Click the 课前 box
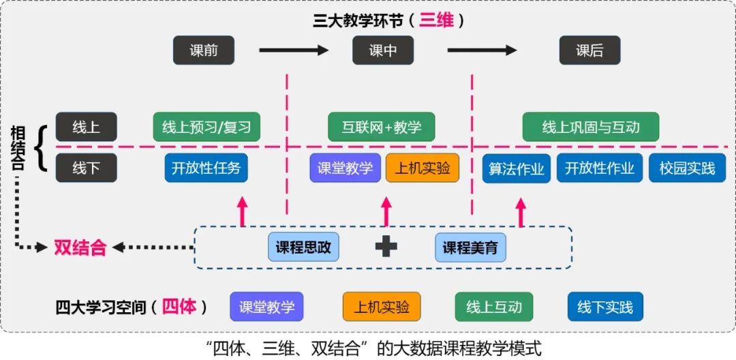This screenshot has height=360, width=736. pyautogui.click(x=203, y=50)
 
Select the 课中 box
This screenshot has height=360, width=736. pyautogui.click(x=383, y=50)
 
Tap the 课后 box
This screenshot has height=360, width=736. pyautogui.click(x=589, y=50)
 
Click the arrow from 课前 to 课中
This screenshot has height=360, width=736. pyautogui.click(x=294, y=50)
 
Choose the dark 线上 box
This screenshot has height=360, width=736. pyautogui.click(x=86, y=127)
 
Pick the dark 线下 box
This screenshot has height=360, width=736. pyautogui.click(x=86, y=168)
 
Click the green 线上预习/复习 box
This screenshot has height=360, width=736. pyautogui.click(x=206, y=127)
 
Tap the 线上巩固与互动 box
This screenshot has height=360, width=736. pyautogui.click(x=591, y=127)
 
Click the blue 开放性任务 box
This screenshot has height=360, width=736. pyautogui.click(x=206, y=168)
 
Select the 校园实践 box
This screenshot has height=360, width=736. pyautogui.click(x=687, y=168)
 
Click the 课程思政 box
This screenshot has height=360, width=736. pyautogui.click(x=303, y=247)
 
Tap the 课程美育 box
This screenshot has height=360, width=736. pyautogui.click(x=470, y=247)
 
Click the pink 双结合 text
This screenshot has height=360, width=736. pyautogui.click(x=80, y=247)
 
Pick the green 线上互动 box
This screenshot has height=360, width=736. pyautogui.click(x=494, y=307)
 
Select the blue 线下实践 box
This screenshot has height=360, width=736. pyautogui.click(x=605, y=307)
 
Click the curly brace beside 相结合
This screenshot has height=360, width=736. pyautogui.click(x=42, y=147)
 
